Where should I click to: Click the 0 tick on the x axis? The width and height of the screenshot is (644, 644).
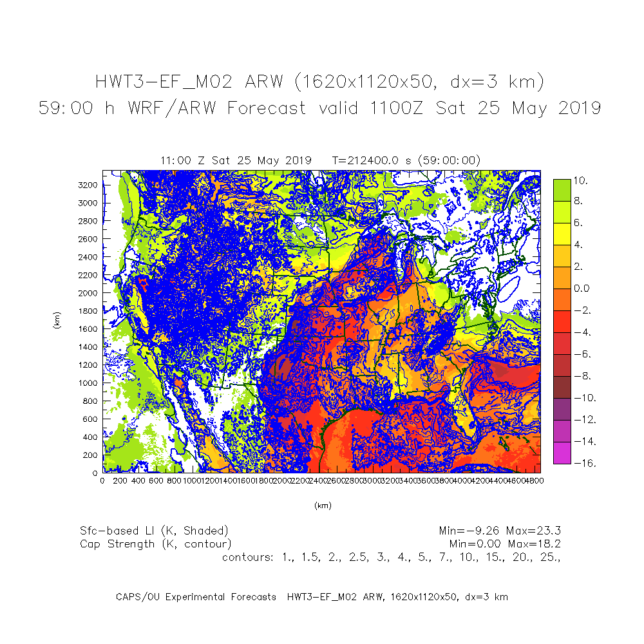pyautogui.click(x=103, y=480)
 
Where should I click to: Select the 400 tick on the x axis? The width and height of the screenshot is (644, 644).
pyautogui.click(x=138, y=480)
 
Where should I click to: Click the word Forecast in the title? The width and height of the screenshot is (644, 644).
pyautogui.click(x=266, y=108)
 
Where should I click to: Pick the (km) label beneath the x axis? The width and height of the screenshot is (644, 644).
pyautogui.click(x=322, y=506)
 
